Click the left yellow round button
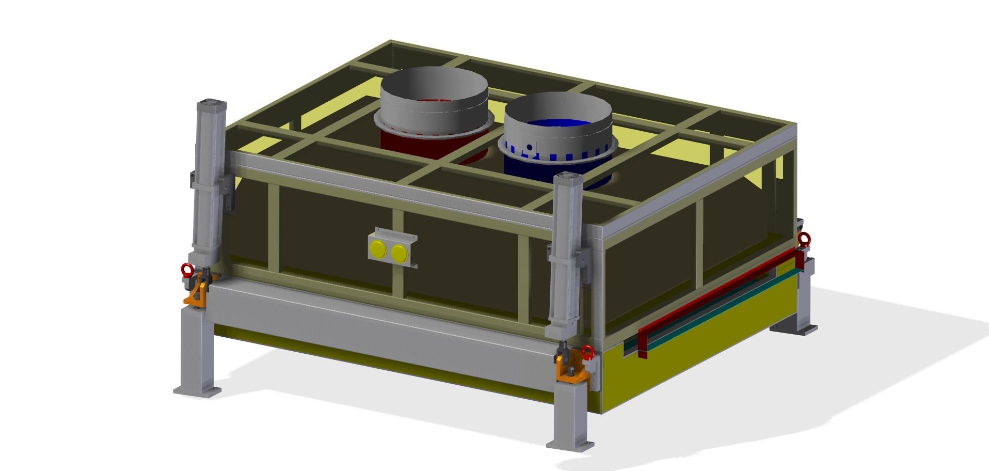coord(378,249)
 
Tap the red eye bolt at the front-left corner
coord(187,269)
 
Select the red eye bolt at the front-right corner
coord(587,353)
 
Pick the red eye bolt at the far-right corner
coord(804,239)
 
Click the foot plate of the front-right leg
coord(571,444)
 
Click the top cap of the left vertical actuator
coord(211,103)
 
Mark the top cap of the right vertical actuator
coord(568,178)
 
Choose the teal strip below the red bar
coord(723,310)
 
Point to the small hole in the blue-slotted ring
coord(529,147)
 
